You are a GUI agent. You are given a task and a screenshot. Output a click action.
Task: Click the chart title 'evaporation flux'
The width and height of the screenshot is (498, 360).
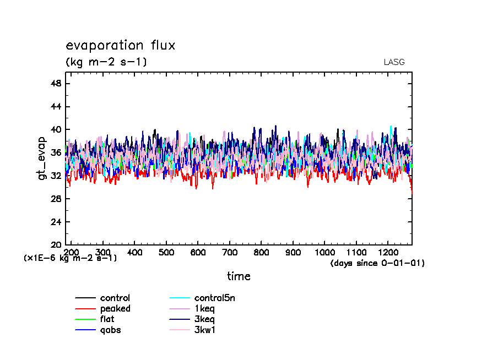[120, 46]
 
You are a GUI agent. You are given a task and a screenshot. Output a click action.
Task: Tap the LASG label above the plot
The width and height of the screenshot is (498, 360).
[394, 62]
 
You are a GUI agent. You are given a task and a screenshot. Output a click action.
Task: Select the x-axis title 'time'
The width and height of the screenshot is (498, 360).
[239, 276]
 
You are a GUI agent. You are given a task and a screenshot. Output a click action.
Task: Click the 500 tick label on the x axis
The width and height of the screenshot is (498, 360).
[166, 252]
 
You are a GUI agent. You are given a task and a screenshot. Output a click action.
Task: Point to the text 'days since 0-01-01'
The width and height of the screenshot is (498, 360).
[377, 264]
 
